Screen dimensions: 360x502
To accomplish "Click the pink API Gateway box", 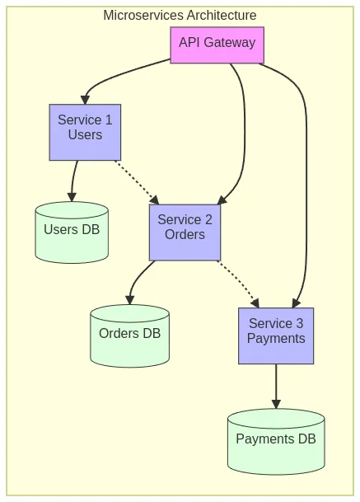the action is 217,45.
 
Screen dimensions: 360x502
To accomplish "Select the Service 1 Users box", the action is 85,132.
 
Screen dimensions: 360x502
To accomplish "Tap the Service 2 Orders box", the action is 185,232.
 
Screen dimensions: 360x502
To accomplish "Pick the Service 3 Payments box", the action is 276,335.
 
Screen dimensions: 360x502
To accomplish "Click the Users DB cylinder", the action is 72,232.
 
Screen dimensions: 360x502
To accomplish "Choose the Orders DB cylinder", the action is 129,335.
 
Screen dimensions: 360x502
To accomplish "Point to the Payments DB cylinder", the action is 276,442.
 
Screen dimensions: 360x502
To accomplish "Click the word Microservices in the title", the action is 143,15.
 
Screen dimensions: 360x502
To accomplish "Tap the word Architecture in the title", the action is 222,15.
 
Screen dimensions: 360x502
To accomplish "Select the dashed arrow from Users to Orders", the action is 137,182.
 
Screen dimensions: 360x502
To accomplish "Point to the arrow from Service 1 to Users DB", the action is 73,181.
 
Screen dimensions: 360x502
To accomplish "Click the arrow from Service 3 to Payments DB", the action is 276,386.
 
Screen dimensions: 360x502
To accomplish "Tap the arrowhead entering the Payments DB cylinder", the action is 276,404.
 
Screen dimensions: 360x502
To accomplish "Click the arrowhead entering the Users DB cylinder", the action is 72,197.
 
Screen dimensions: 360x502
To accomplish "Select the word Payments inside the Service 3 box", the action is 276,339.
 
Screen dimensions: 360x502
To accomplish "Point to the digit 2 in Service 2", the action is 208,219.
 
